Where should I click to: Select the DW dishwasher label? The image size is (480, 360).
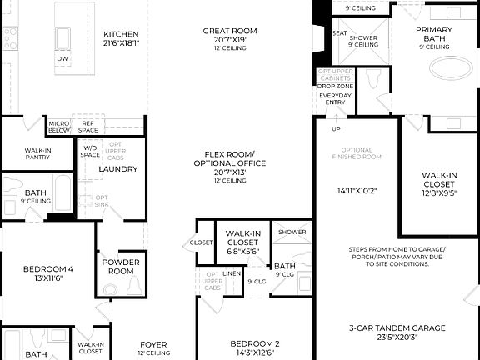(62, 59)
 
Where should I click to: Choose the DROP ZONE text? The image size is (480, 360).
(336, 86)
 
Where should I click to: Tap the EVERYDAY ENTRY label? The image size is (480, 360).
(335, 100)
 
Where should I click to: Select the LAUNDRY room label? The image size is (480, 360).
(117, 169)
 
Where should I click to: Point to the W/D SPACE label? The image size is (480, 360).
(90, 150)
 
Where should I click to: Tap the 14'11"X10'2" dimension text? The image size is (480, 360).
(357, 190)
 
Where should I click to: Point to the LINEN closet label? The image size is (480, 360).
(232, 273)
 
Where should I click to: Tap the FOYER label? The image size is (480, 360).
(152, 344)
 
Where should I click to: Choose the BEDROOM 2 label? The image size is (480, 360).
(254, 343)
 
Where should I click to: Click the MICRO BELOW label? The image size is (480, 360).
(58, 127)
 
